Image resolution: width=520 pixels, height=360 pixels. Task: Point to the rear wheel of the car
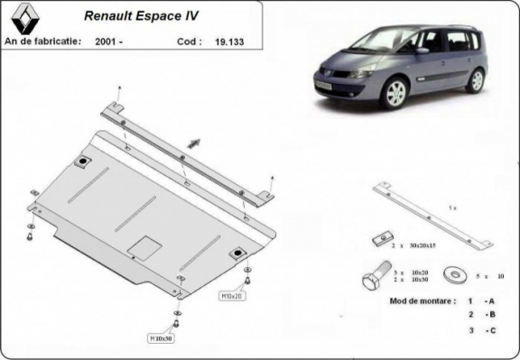(x=476, y=79)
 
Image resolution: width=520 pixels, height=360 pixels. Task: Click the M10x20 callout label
(x=231, y=294)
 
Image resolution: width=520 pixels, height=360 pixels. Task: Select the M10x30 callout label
(x=162, y=337)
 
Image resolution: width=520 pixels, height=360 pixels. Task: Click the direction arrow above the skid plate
(x=193, y=141)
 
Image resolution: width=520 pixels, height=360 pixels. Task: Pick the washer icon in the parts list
(x=453, y=272)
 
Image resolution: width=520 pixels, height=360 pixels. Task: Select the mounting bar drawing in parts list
(x=433, y=217)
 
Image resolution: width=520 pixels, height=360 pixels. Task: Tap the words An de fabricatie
(x=42, y=41)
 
